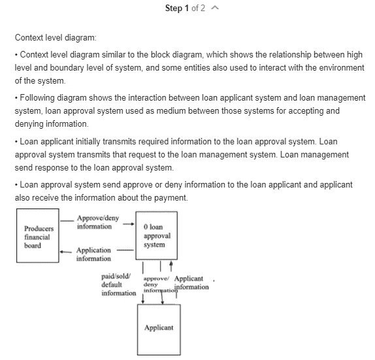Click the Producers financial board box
pyautogui.click(x=38, y=236)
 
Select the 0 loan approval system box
pyautogui.click(x=157, y=236)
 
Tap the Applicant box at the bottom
pyautogui.click(x=159, y=330)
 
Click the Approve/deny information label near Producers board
pyautogui.click(x=98, y=222)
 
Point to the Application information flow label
pyautogui.click(x=93, y=254)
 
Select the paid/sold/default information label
pyautogui.click(x=119, y=285)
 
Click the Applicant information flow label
pyautogui.click(x=191, y=283)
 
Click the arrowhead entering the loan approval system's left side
pyautogui.click(x=133, y=224)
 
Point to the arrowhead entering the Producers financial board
pyautogui.click(x=61, y=252)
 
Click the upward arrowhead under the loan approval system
pyautogui.click(x=171, y=263)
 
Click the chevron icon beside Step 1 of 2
pyautogui.click(x=215, y=8)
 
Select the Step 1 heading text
pyautogui.click(x=177, y=8)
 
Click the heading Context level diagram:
pyautogui.click(x=56, y=37)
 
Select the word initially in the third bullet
pyautogui.click(x=88, y=142)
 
